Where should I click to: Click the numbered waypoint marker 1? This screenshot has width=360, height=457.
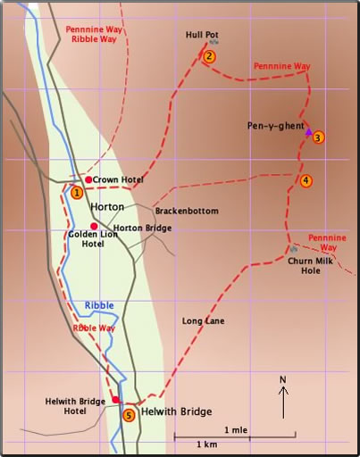(77, 192)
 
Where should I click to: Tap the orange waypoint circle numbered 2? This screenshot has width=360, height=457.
(208, 57)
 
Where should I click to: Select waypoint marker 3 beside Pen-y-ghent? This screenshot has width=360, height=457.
(318, 137)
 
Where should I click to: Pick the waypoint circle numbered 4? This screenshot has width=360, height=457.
(306, 181)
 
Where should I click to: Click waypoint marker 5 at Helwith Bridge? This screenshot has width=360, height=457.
(129, 415)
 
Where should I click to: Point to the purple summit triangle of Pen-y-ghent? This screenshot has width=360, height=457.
(309, 132)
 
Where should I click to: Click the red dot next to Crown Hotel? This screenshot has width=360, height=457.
(88, 180)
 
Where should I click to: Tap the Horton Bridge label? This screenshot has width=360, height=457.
(142, 228)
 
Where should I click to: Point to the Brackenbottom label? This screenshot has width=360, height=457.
(187, 211)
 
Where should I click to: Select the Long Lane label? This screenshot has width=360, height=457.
(203, 320)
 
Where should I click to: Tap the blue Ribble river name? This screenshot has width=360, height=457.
(99, 305)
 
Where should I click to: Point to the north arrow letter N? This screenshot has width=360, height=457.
(283, 379)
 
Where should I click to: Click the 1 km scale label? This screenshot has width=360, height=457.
(207, 444)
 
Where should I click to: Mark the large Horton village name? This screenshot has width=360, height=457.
(106, 207)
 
